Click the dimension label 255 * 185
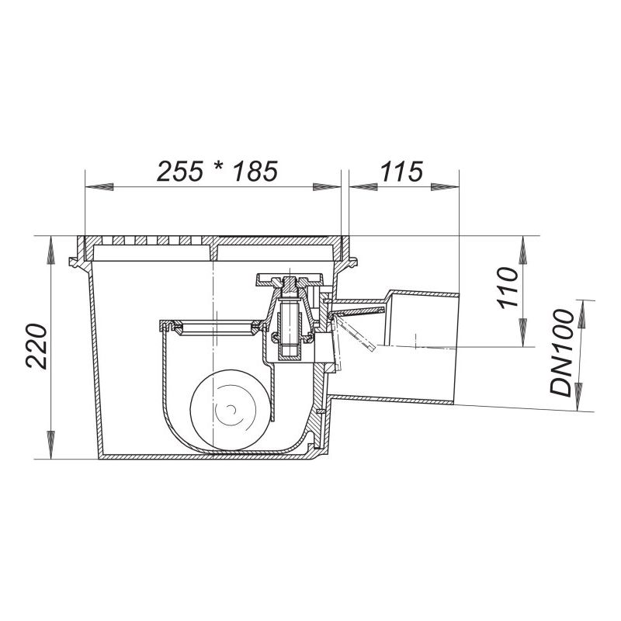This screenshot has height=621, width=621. [x=217, y=172]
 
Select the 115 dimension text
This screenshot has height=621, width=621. [x=401, y=172]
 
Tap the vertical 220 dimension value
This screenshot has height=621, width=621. [x=36, y=346]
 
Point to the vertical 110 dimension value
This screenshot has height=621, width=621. [x=508, y=288]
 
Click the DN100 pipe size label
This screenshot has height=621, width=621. [x=561, y=353]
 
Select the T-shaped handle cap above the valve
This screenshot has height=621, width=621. [x=290, y=279]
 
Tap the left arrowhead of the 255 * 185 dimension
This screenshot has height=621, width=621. [x=99, y=186]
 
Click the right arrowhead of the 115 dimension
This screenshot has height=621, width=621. [x=444, y=186]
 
